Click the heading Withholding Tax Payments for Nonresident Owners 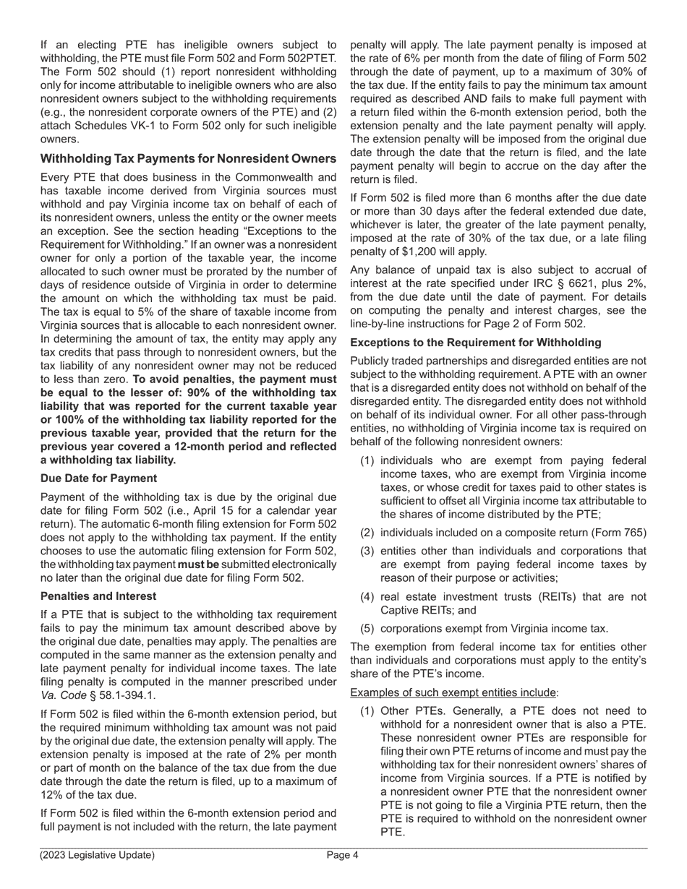click(x=188, y=158)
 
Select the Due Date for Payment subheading click(x=98, y=478)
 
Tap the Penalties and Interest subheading click(x=98, y=596)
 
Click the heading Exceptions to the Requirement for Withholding click(x=475, y=343)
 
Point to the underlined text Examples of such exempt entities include click(x=454, y=692)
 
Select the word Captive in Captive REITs click(x=400, y=610)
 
